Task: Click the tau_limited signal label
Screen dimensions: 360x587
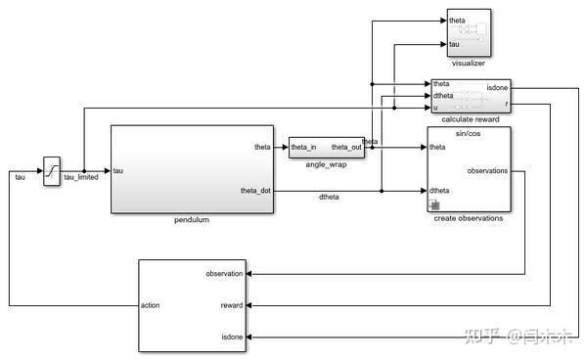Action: pyautogui.click(x=81, y=178)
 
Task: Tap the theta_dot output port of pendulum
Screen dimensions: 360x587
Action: pyautogui.click(x=256, y=190)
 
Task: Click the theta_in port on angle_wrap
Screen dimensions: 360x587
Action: pyautogui.click(x=303, y=148)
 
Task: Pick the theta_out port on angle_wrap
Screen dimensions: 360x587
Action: pyautogui.click(x=346, y=148)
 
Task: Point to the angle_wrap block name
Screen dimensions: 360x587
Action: pyautogui.click(x=327, y=165)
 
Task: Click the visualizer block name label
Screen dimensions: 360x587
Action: pyautogui.click(x=469, y=63)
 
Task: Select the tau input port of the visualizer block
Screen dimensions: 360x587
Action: pyautogui.click(x=455, y=44)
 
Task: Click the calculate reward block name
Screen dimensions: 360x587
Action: pyautogui.click(x=470, y=120)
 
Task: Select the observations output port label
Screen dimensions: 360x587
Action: pyautogui.click(x=488, y=170)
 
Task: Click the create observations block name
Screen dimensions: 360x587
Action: pyautogui.click(x=469, y=218)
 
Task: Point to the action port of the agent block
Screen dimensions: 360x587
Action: pyautogui.click(x=150, y=305)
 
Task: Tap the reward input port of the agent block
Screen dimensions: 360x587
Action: pyautogui.click(x=231, y=305)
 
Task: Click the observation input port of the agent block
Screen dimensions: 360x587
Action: pyautogui.click(x=224, y=274)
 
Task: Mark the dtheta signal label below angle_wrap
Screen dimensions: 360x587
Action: pyautogui.click(x=330, y=198)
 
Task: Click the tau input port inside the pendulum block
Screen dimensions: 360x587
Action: pyautogui.click(x=118, y=171)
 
